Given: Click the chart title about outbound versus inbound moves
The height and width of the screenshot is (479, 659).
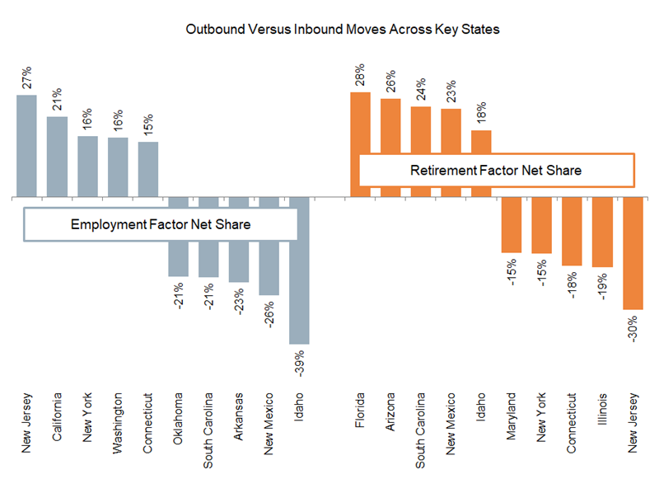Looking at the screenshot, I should click(329, 29).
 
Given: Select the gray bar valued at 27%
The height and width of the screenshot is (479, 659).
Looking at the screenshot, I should click(27, 146).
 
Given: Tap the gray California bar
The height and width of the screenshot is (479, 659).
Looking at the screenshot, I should click(57, 157).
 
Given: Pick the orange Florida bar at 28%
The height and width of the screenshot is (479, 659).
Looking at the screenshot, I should click(360, 144).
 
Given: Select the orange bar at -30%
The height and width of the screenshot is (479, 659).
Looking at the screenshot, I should click(633, 253).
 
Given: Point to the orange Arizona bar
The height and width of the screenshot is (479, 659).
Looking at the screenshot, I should click(390, 148).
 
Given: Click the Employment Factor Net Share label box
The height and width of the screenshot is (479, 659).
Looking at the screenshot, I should click(161, 223).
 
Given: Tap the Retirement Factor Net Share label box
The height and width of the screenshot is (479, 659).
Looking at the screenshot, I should click(496, 171).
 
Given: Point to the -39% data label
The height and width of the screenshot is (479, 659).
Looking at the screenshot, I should click(300, 363).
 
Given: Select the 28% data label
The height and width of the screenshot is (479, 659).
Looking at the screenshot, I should click(361, 75).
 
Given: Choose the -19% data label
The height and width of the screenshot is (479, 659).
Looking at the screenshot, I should click(603, 285).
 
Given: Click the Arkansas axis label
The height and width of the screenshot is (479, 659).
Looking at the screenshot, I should click(239, 416).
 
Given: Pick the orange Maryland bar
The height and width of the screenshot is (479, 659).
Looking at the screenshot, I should click(512, 225).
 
